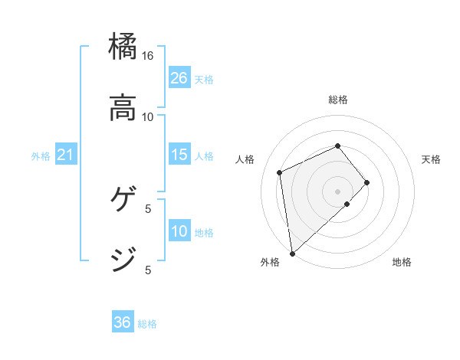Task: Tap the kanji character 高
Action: (x=123, y=108)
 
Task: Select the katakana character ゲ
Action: (x=123, y=199)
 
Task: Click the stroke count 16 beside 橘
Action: (x=148, y=56)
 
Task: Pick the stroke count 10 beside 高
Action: (x=148, y=116)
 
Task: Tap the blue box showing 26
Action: (x=179, y=78)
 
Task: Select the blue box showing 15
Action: (x=179, y=155)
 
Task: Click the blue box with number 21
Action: (x=66, y=155)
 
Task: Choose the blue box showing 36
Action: (x=123, y=322)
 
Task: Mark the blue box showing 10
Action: (x=179, y=231)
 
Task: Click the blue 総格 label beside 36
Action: (x=147, y=324)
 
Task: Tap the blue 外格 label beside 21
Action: (x=41, y=156)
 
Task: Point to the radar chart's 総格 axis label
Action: (x=338, y=100)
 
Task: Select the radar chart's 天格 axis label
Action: (x=432, y=159)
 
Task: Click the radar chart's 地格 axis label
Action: (x=402, y=263)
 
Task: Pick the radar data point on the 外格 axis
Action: (x=292, y=253)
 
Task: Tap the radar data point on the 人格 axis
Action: (x=281, y=172)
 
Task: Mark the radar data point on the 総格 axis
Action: (x=338, y=146)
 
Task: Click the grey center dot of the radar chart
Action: (x=338, y=191)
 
